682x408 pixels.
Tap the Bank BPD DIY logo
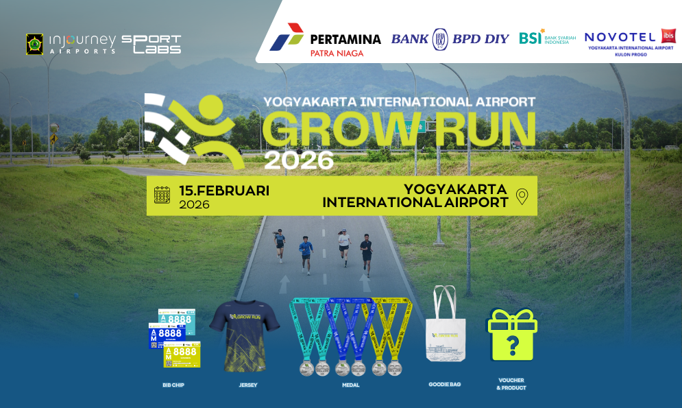450,38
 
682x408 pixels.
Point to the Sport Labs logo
151,44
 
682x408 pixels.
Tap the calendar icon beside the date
162,195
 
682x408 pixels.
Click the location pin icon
522,197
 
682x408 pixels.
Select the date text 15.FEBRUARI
224,191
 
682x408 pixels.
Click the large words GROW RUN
400,129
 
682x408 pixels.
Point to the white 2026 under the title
299,160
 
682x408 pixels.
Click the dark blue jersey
245,335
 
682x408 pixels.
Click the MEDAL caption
350,385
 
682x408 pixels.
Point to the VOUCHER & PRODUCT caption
511,384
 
